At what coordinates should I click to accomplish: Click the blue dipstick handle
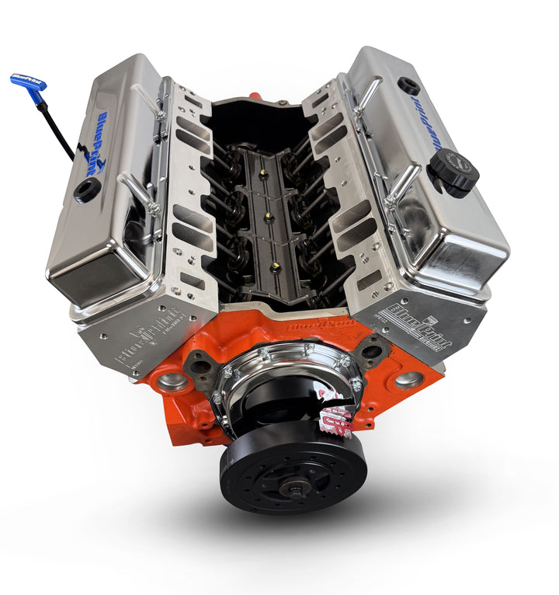click(28, 83)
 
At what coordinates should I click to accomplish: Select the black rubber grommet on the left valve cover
click(88, 189)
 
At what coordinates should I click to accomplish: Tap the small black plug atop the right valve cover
click(408, 85)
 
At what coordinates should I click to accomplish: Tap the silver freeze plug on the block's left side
click(172, 381)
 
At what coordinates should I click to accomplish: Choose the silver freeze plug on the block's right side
click(408, 380)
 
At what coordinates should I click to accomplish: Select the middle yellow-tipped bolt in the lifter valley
click(269, 218)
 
